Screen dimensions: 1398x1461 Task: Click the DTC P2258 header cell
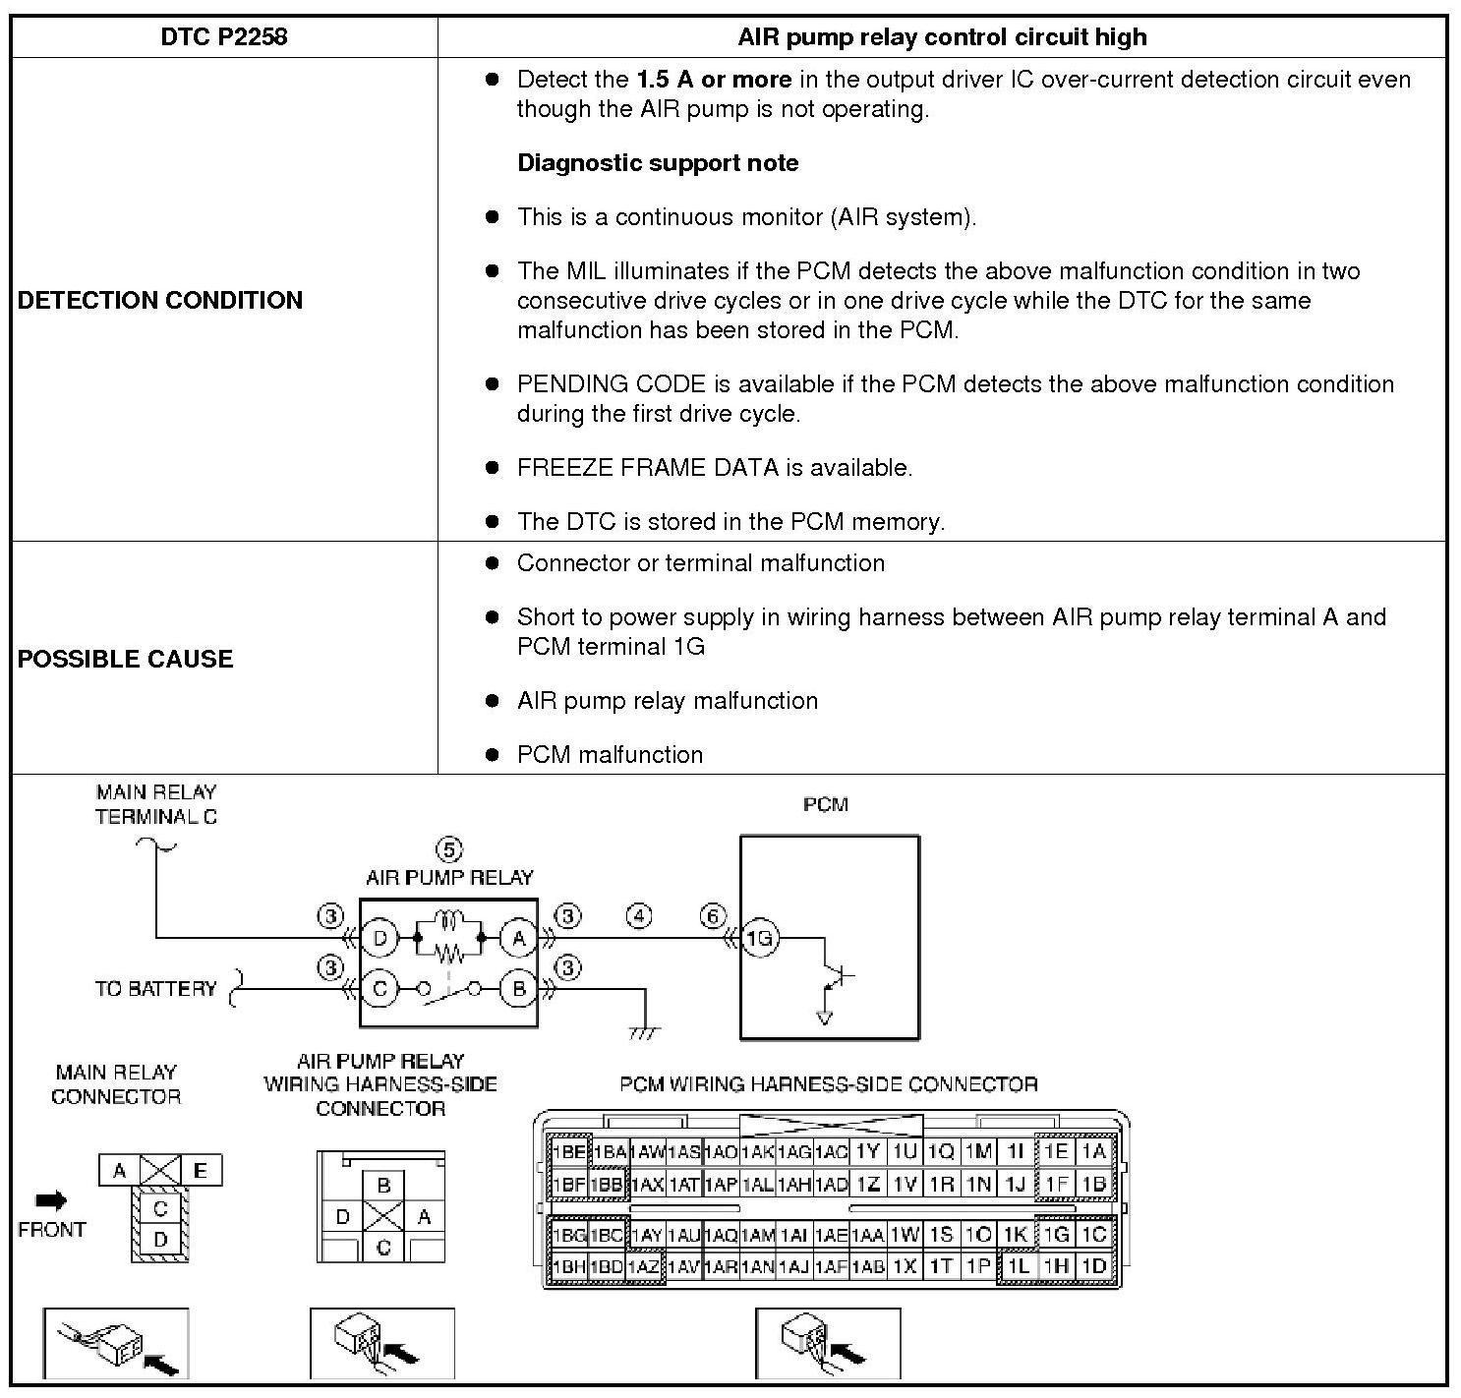[x=223, y=37]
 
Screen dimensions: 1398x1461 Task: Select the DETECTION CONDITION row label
[x=160, y=300]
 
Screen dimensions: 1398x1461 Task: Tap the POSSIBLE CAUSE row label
[x=126, y=659]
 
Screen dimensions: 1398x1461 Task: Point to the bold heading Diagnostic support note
[x=658, y=163]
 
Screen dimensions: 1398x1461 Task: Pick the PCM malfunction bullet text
[x=610, y=755]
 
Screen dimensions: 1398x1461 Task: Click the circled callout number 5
[x=448, y=849]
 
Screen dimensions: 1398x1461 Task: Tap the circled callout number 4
[x=639, y=917]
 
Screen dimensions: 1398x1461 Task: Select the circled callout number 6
[x=713, y=917]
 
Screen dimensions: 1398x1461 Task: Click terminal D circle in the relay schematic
[x=380, y=939]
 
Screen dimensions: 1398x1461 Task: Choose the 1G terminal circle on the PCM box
[x=759, y=939]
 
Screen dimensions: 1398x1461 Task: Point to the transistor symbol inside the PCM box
[x=836, y=977]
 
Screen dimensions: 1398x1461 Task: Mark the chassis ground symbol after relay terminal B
[x=645, y=1032]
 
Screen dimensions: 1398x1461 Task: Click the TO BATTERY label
[x=155, y=989]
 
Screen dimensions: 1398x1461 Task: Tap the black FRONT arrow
[x=51, y=1200]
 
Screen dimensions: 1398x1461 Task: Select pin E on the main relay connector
[x=201, y=1170]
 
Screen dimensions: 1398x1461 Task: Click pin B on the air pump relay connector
[x=383, y=1186]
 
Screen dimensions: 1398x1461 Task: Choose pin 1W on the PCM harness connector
[x=905, y=1235]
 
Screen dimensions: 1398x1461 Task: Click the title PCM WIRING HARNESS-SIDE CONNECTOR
[x=828, y=1084]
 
